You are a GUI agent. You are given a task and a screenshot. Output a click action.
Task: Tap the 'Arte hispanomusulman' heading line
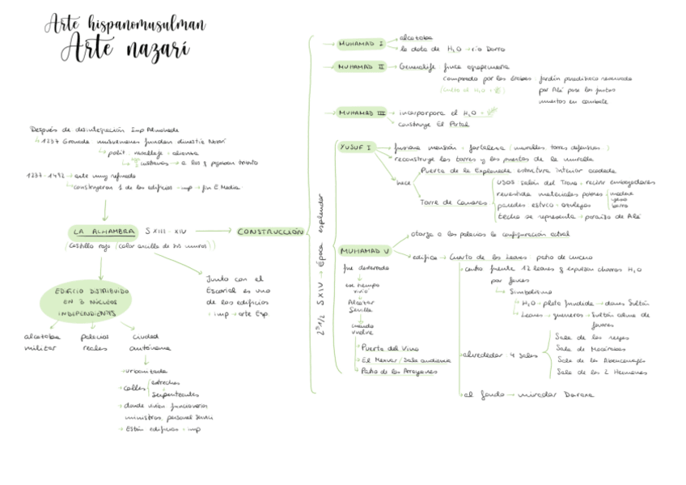pyautogui.click(x=125, y=23)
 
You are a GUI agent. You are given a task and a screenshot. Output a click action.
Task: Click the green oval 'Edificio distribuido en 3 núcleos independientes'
pyautogui.click(x=85, y=301)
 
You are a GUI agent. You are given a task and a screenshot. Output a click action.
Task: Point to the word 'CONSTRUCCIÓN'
pyautogui.click(x=270, y=232)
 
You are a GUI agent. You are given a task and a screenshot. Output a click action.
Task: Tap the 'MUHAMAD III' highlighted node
pyautogui.click(x=362, y=113)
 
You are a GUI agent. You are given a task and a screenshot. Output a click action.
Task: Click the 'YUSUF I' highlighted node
pyautogui.click(x=356, y=147)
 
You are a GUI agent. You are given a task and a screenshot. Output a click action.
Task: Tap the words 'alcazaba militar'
pyautogui.click(x=40, y=341)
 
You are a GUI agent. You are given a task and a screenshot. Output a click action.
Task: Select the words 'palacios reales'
pyautogui.click(x=95, y=341)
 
